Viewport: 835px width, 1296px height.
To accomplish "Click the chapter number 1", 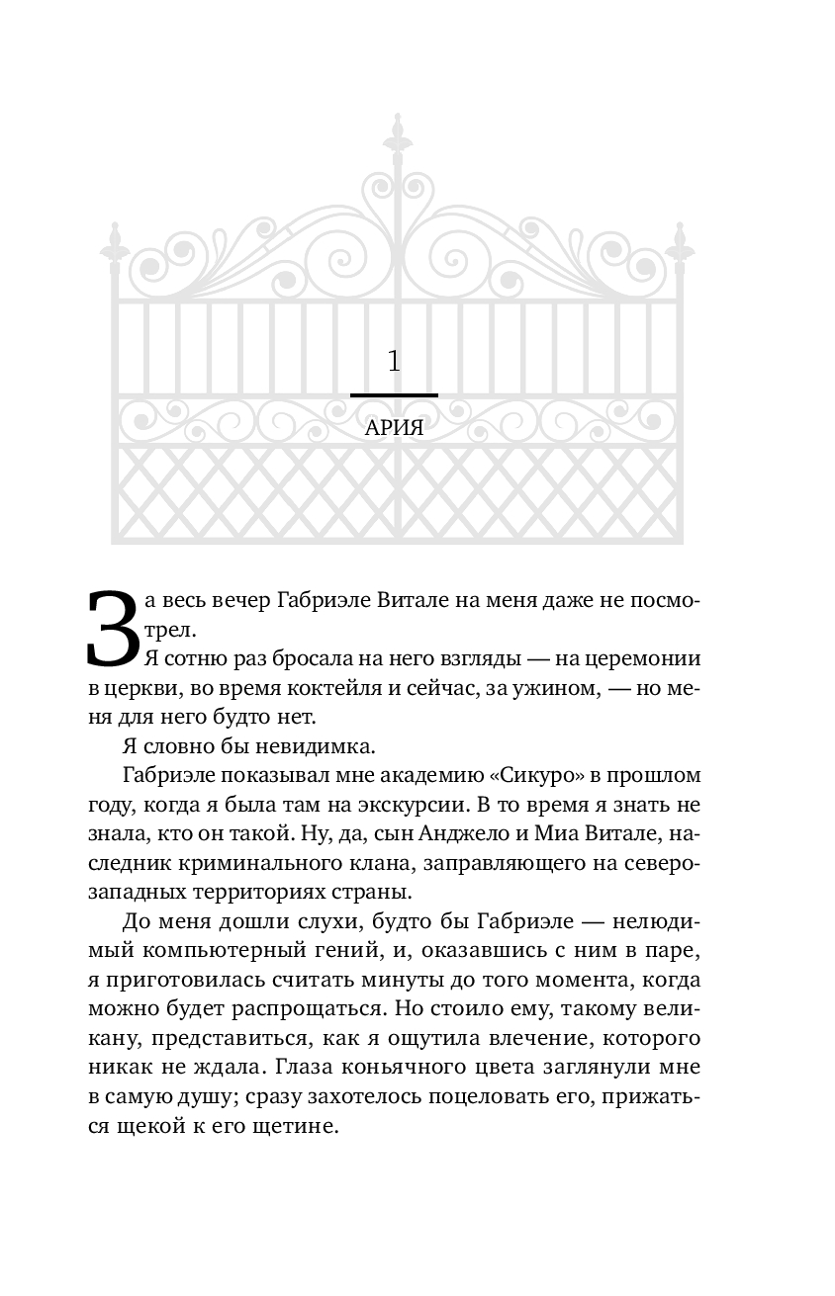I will pos(394,362).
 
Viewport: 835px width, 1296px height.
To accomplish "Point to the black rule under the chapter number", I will pos(394,395).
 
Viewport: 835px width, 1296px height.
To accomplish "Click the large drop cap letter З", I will pos(112,630).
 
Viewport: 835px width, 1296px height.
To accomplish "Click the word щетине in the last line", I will pos(295,1125).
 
